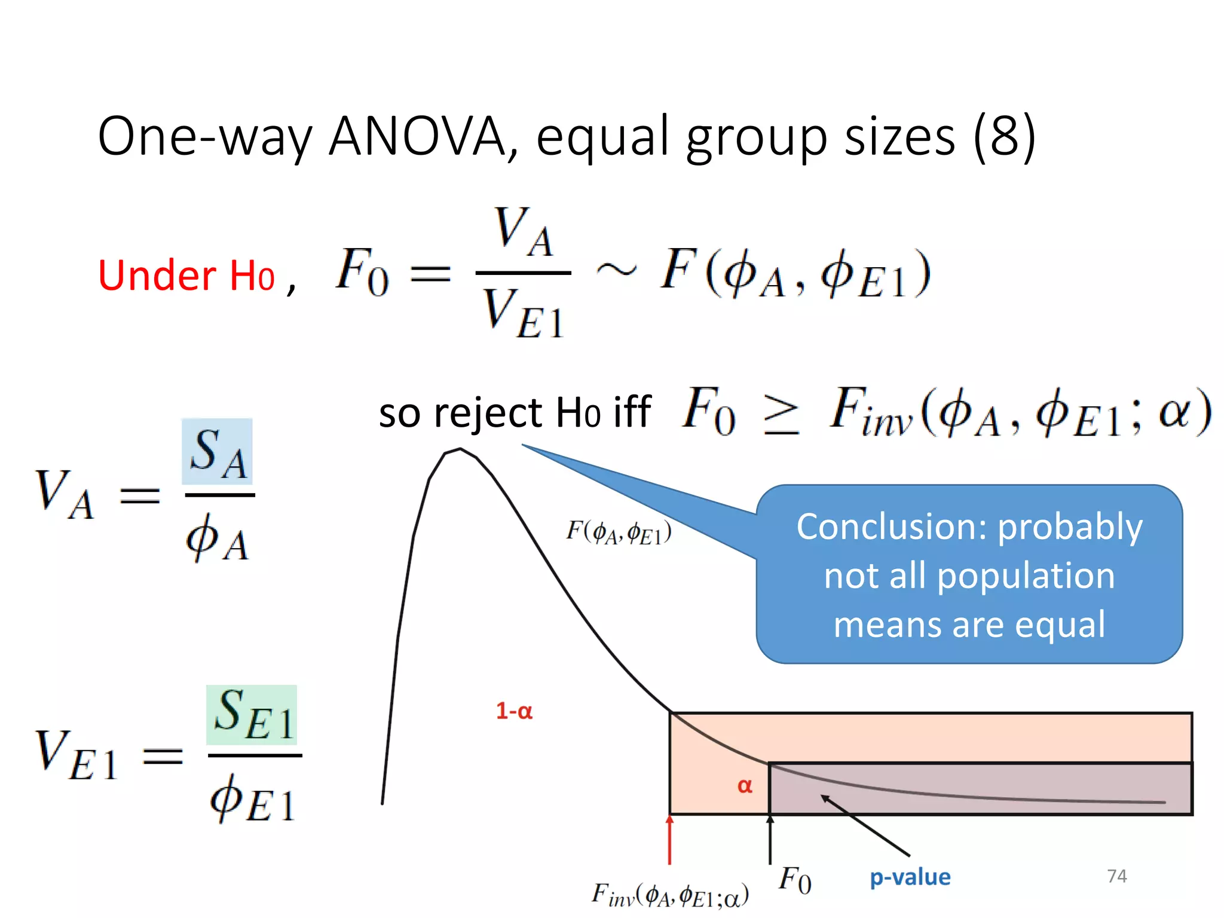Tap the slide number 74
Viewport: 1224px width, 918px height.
[1116, 876]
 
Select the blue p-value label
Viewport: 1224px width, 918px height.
[910, 877]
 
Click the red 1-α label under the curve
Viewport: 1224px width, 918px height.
[514, 711]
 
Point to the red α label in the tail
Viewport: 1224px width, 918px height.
[745, 785]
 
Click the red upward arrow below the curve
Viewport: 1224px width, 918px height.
[670, 840]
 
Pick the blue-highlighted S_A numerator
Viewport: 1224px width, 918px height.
[218, 452]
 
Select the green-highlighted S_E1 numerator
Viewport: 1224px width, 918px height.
[252, 715]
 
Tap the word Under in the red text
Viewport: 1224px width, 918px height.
[157, 276]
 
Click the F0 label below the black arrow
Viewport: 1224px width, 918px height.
[795, 880]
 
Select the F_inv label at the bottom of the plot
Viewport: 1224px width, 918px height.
[669, 895]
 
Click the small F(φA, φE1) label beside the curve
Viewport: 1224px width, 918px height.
[619, 531]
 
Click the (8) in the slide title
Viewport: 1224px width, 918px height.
[1004, 136]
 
